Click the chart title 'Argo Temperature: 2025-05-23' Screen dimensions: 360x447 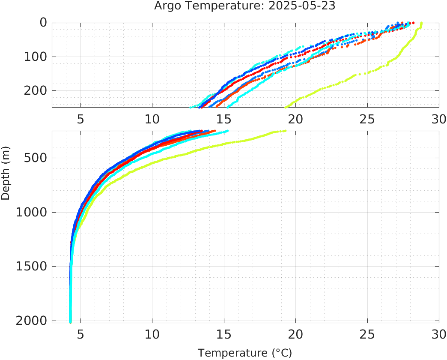[245, 6]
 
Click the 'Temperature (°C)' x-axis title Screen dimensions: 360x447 [245, 353]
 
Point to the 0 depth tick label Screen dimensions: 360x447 [43, 23]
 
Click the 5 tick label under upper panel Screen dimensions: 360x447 [80, 119]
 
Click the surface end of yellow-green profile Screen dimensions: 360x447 [422, 23]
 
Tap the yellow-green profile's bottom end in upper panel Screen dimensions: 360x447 [286, 107]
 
